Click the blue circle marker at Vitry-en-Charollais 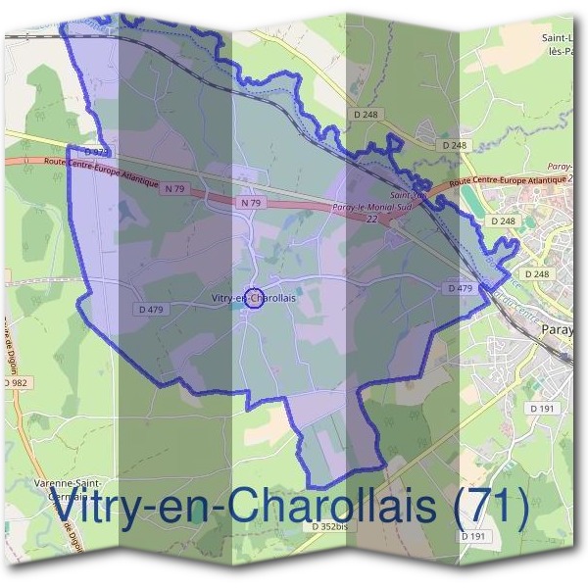tap(252, 299)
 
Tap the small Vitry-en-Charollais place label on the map tap(253, 295)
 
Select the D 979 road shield tap(94, 153)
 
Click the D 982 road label tap(17, 381)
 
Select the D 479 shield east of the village tap(460, 288)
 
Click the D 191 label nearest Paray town tap(542, 407)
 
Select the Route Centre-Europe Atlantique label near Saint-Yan tap(510, 183)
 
